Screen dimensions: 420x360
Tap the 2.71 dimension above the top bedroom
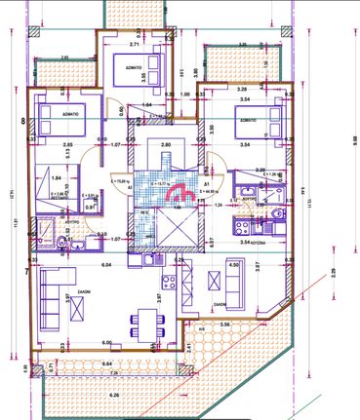[x=136, y=44]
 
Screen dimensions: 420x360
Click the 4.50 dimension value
[x=232, y=264]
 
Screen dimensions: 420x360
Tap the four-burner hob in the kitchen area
[x=168, y=283]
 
